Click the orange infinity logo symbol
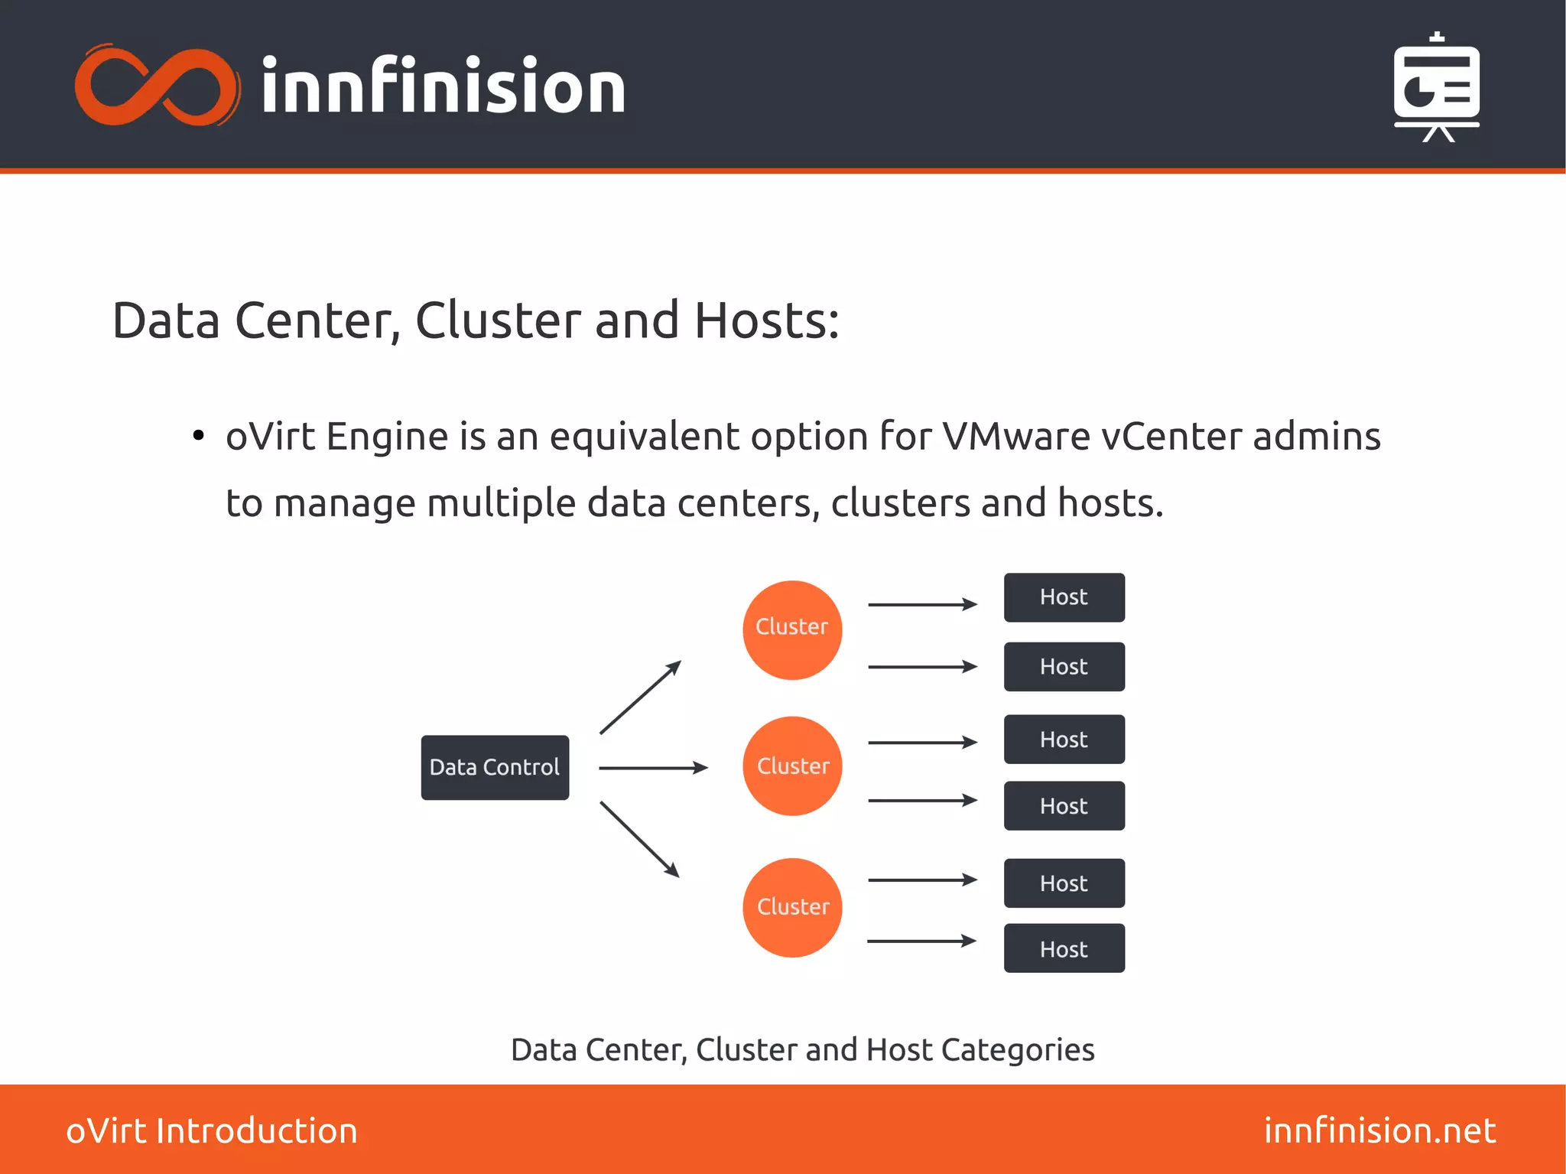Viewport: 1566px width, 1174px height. coord(157,86)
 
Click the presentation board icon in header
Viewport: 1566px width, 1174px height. coord(1436,87)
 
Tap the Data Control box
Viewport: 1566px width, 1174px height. coord(495,767)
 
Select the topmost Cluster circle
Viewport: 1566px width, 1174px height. coord(792,629)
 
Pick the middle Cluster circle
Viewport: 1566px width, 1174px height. coord(792,766)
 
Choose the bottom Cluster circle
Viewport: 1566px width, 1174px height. coord(792,907)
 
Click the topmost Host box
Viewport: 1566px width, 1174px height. coord(1064,597)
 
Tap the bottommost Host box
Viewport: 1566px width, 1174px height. coord(1064,948)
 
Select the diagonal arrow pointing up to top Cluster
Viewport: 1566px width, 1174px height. coord(640,697)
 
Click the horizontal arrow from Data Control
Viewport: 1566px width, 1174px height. coord(652,767)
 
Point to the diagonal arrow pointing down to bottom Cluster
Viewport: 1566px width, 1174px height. coord(639,838)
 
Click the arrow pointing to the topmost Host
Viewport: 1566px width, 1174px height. coord(922,604)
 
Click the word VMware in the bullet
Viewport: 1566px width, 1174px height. coord(1015,437)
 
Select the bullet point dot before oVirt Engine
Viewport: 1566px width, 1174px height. coord(199,436)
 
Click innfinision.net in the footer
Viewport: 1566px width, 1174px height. coord(1379,1130)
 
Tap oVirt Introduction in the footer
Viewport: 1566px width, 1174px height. coord(212,1130)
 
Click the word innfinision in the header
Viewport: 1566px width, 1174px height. coord(443,86)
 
